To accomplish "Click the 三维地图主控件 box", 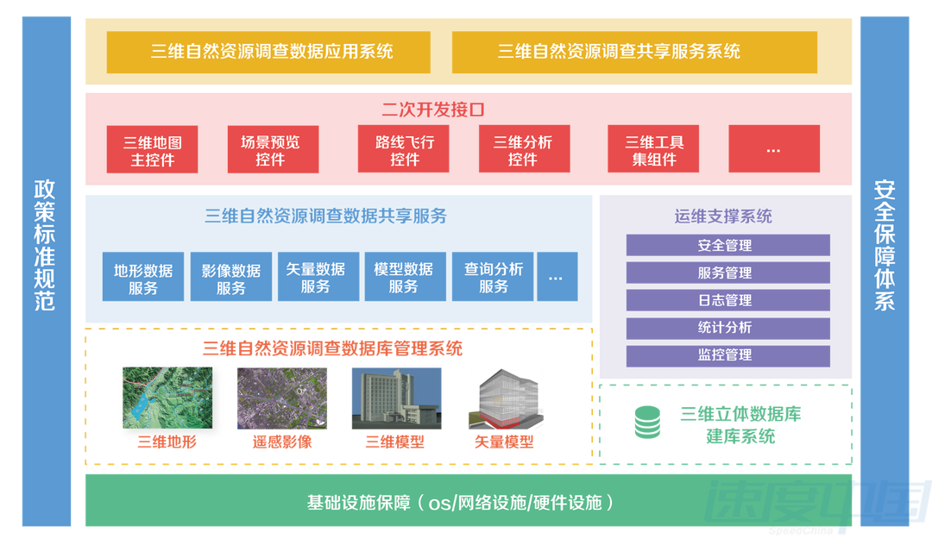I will (153, 151).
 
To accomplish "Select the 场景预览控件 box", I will (270, 151).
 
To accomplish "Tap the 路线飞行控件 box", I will (405, 151).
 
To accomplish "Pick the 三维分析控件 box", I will (522, 151).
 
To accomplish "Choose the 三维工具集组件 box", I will (655, 151).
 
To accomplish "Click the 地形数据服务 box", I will (143, 279).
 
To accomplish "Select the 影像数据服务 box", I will (231, 279).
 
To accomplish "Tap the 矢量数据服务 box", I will (316, 278).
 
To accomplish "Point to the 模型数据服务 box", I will (404, 278).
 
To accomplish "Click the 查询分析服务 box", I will (494, 278).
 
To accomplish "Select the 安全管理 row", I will (725, 246).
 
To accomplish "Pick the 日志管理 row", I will (725, 300).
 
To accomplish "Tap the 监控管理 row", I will (725, 354).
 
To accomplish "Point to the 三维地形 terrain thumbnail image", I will (167, 398).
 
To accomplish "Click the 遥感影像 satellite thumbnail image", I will (282, 398).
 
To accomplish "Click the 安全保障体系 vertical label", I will (885, 245).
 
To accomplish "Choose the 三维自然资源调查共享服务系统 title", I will (619, 52).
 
